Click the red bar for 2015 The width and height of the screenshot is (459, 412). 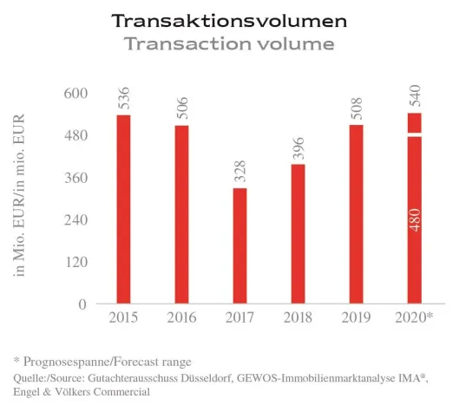(123, 209)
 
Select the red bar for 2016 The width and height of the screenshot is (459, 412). (181, 214)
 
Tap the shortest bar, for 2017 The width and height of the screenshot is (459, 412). (239, 245)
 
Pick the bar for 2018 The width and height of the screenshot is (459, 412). (298, 233)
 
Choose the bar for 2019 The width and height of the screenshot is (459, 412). (356, 214)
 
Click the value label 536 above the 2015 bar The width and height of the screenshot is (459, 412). (123, 97)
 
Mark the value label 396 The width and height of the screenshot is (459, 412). (298, 147)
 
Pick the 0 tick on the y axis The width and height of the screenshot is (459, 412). (82, 304)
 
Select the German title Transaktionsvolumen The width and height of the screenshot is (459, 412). (228, 20)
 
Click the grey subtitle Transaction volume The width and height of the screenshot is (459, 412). (228, 43)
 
